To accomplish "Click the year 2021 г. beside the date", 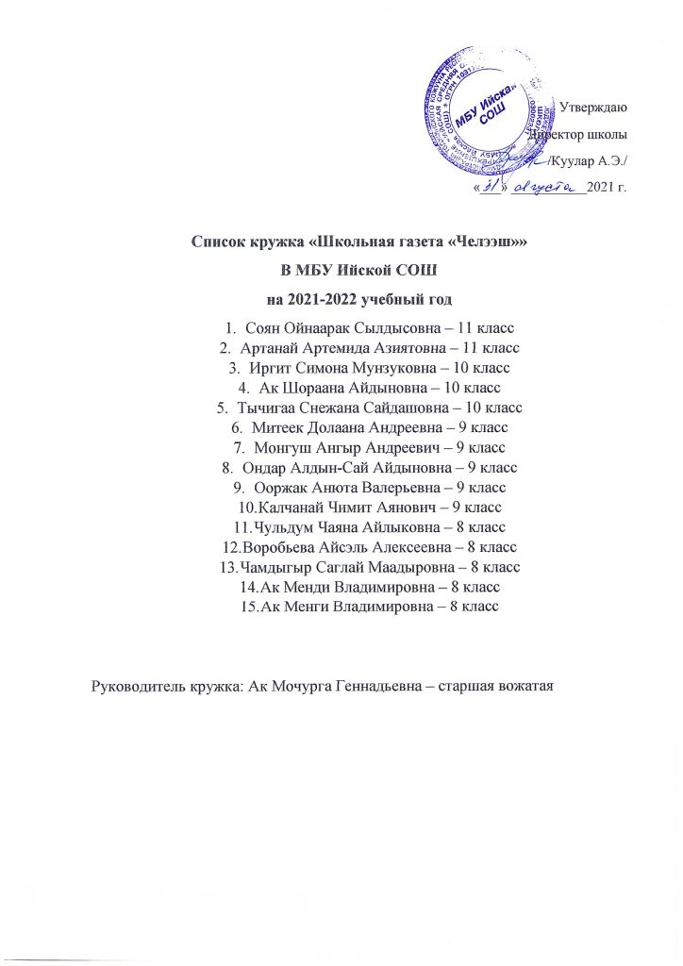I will (x=606, y=187).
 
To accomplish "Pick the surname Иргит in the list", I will (x=267, y=368).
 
